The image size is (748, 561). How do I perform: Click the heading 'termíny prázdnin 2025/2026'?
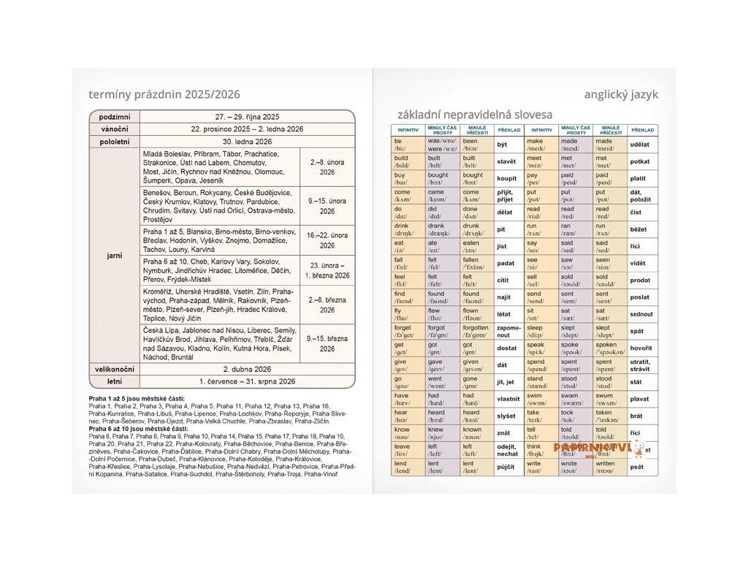[x=164, y=94]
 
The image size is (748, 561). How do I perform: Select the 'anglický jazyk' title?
[x=621, y=94]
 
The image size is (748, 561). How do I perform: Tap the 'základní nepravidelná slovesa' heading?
[x=475, y=114]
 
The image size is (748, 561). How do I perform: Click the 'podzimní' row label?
[x=114, y=117]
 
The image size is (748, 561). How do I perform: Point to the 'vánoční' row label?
[x=114, y=129]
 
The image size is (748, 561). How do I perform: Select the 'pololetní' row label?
[x=114, y=142]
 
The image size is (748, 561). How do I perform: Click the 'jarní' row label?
[x=114, y=256]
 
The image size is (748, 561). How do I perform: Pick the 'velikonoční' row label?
[x=114, y=370]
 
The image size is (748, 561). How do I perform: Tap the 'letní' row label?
[x=114, y=381]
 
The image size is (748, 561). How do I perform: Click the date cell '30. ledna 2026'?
[x=247, y=142]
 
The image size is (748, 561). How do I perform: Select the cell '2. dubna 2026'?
[x=247, y=370]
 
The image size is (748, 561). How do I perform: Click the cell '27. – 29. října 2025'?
[x=247, y=117]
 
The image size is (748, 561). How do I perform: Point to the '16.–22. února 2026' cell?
[x=327, y=240]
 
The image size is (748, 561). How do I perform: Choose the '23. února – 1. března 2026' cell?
[x=327, y=270]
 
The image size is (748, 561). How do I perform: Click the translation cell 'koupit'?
[x=506, y=178]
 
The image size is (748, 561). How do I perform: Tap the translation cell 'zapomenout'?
[x=508, y=331]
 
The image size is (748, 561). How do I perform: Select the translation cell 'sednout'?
[x=641, y=314]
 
